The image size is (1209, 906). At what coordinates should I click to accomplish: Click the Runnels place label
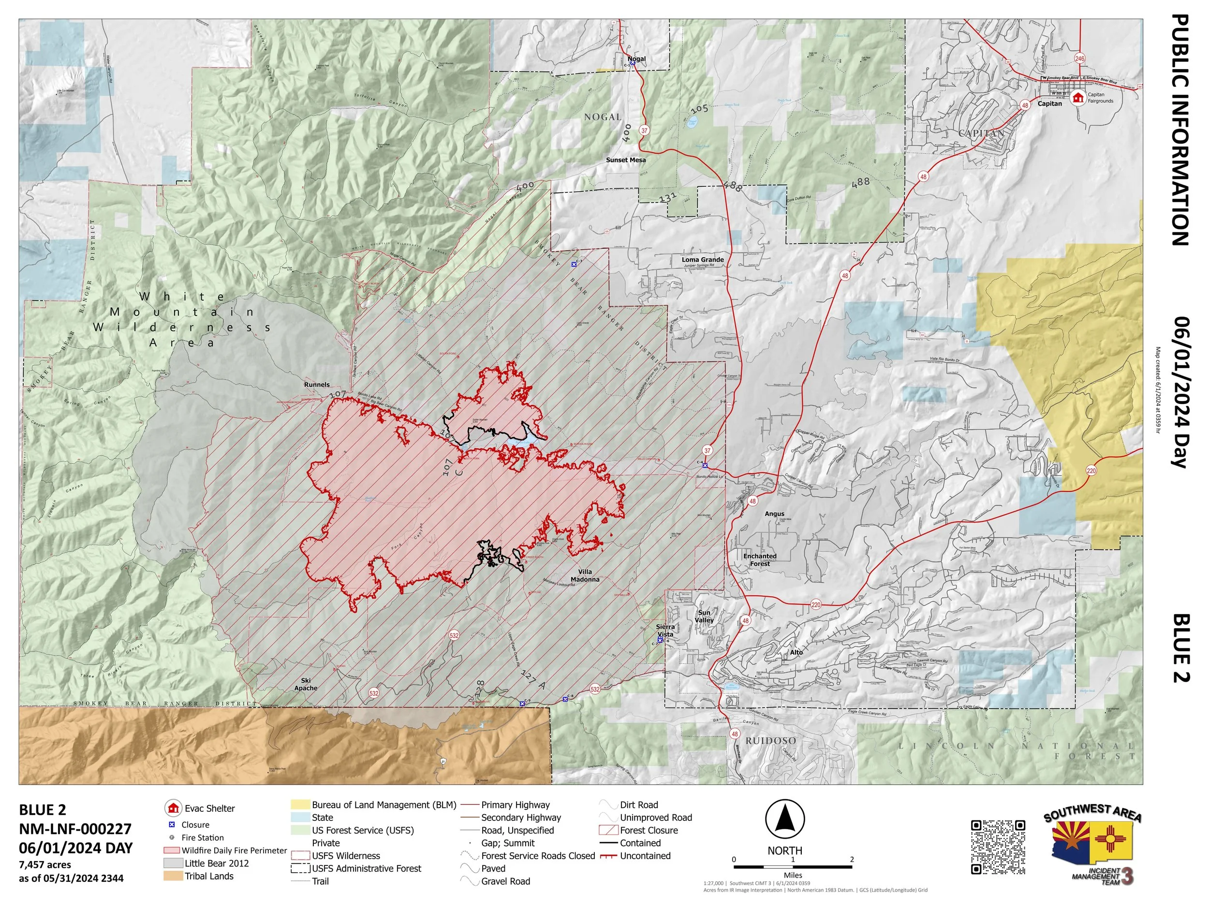[x=316, y=385]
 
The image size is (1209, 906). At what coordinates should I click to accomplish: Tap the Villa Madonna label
[x=585, y=575]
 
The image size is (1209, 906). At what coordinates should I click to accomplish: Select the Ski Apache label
[x=306, y=684]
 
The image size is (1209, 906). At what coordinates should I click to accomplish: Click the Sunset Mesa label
[x=625, y=160]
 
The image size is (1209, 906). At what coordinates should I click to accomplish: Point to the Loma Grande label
[x=702, y=259]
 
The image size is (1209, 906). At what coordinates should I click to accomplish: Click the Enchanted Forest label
[x=759, y=560]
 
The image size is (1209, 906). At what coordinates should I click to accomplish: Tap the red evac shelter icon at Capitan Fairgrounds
[x=1078, y=97]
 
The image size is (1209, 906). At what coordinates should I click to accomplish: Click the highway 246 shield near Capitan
[x=1079, y=58]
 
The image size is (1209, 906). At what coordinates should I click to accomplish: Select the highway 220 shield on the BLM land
[x=1091, y=471]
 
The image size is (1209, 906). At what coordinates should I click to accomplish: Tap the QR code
[x=998, y=847]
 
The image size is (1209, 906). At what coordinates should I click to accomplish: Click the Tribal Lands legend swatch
[x=172, y=876]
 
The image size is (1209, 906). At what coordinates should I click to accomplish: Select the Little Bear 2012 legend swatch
[x=172, y=863]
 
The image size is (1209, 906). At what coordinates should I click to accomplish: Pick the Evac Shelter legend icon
[x=173, y=808]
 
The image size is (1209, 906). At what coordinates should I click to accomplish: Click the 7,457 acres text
[x=45, y=864]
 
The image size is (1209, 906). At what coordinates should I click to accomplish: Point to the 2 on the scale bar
[x=852, y=860]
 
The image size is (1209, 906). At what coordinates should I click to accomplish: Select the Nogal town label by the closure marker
[x=636, y=59]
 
